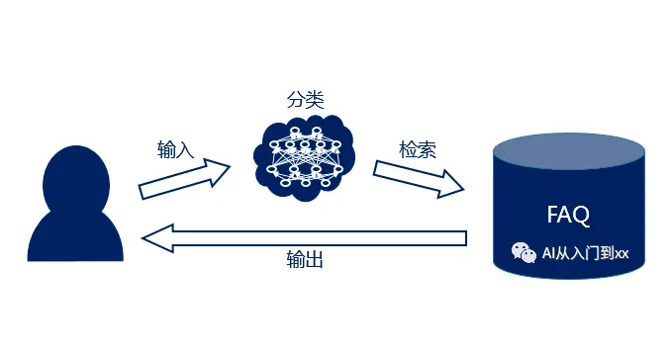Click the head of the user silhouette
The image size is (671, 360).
(x=75, y=182)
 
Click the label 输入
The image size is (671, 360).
(x=175, y=150)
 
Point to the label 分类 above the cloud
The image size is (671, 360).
(x=305, y=99)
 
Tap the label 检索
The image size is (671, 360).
(x=417, y=149)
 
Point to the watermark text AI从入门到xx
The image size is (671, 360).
(x=584, y=254)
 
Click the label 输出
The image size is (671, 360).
(x=305, y=261)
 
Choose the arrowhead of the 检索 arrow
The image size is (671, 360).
(x=450, y=185)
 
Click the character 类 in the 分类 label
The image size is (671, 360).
(x=315, y=99)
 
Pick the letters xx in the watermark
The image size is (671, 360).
(x=622, y=254)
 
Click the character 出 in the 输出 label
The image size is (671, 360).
(x=315, y=261)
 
